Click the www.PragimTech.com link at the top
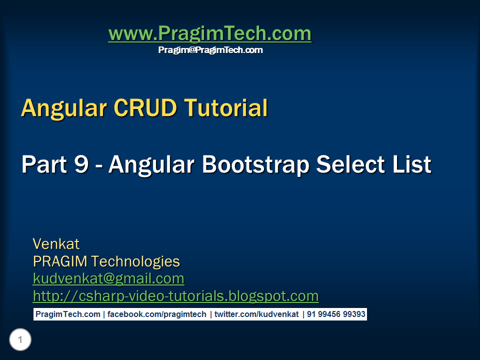coord(209,34)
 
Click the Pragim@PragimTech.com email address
coord(210,50)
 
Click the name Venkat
coord(56,244)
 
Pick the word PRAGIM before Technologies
coord(60,261)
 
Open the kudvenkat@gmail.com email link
coord(108,278)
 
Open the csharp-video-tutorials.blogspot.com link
coord(175,296)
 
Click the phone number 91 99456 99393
coord(336,314)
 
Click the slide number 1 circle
coord(20,340)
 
